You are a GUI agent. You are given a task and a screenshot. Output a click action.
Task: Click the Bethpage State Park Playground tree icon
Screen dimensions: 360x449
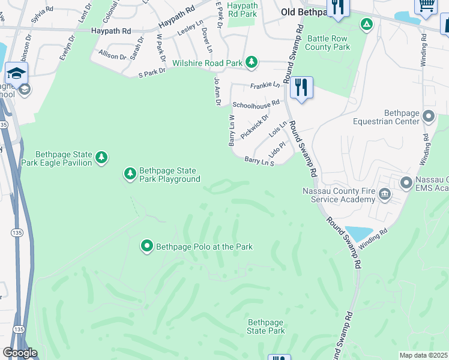[130, 174]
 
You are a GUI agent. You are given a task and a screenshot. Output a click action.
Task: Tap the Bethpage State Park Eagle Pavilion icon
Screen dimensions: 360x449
[102, 158]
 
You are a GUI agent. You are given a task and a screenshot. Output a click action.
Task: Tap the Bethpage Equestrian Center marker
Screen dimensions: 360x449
[429, 116]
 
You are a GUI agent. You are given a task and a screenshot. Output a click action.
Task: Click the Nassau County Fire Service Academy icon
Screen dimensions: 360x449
[385, 194]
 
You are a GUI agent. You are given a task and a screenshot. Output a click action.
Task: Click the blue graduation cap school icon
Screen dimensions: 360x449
[16, 73]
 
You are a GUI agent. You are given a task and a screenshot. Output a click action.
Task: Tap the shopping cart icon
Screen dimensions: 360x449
[426, 5]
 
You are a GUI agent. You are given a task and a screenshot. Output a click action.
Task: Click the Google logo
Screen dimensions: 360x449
[19, 353]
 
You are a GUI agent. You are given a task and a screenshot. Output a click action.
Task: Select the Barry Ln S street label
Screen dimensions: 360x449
[259, 161]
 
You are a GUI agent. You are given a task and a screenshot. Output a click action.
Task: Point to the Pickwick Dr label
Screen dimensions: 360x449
[255, 127]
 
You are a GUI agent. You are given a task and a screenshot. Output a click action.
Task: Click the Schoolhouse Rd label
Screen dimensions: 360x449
[256, 104]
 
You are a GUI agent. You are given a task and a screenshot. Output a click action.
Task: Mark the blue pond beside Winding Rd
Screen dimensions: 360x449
[359, 233]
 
